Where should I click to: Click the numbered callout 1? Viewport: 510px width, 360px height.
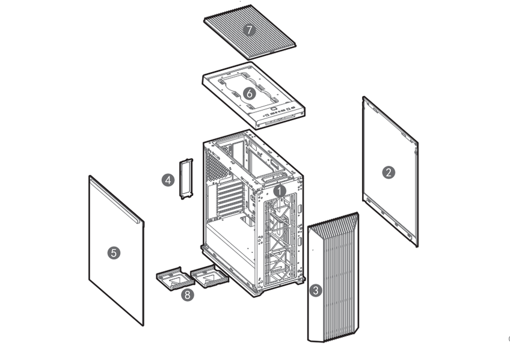point(280,191)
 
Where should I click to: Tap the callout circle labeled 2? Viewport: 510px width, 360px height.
point(389,172)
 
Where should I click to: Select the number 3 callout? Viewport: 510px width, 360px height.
point(316,290)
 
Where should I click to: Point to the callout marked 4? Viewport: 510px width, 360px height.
point(168,180)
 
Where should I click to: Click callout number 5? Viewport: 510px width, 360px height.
point(114,253)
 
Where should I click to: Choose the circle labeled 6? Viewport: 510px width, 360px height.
point(250,94)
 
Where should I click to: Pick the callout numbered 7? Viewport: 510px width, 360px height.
point(250,30)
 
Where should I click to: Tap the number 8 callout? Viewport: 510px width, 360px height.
point(188,294)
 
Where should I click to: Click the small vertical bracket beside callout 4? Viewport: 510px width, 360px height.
point(186,178)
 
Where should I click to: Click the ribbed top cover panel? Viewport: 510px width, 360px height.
point(250,32)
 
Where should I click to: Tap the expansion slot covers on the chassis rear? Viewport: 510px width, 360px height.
point(230,199)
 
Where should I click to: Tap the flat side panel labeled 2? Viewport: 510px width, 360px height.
point(390,171)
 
